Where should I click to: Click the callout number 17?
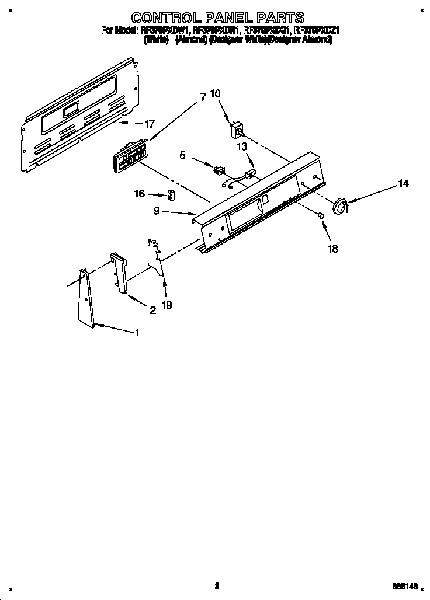(150, 124)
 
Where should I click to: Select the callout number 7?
(203, 98)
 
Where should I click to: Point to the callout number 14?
(404, 184)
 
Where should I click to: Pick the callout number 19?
(167, 305)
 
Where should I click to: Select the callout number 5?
(182, 155)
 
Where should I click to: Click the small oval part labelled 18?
(321, 217)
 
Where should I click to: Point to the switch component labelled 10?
(238, 128)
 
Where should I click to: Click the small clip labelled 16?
(171, 195)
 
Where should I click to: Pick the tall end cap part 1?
(85, 298)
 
